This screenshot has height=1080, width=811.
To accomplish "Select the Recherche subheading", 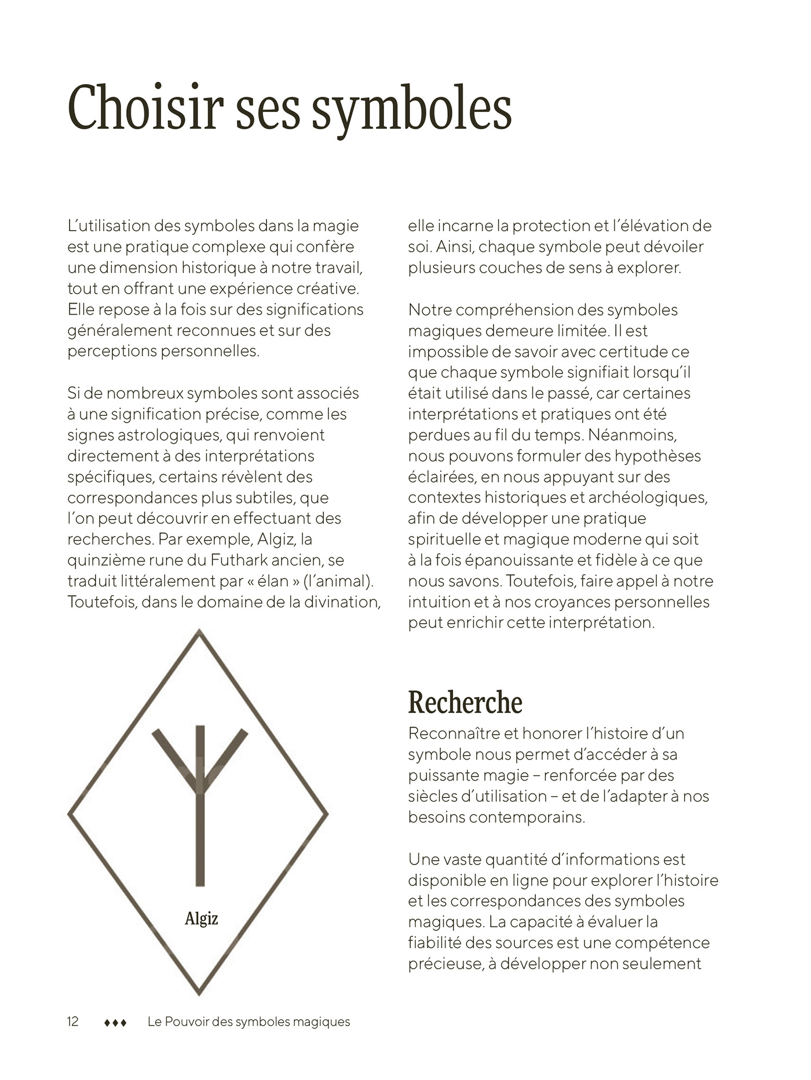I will [x=465, y=702].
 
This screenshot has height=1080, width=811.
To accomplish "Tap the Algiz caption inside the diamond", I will [x=201, y=918].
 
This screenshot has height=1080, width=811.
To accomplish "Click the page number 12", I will [x=73, y=1021].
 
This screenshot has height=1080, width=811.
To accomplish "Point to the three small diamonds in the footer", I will [x=115, y=1023].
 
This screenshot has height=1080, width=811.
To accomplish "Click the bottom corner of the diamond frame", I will [x=199, y=993].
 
